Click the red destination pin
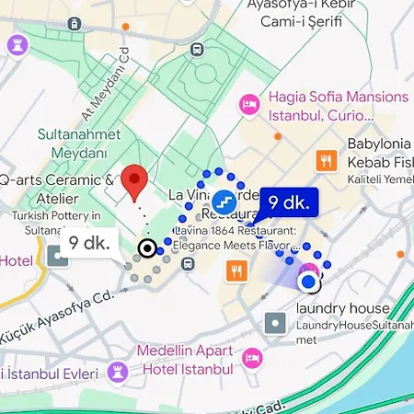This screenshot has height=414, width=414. coord(135,182)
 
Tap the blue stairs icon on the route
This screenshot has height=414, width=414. coord(223,201)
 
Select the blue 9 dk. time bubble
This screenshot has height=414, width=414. coord(290,201)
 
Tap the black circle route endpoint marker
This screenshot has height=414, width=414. coord(146,248)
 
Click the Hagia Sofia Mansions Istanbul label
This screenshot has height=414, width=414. coord(337,107)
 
